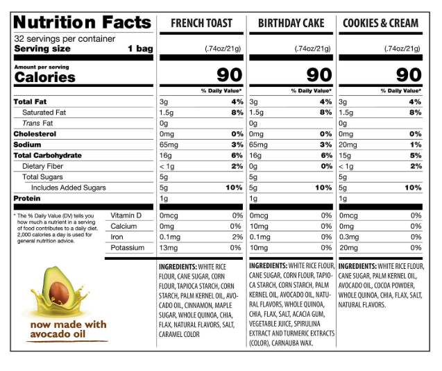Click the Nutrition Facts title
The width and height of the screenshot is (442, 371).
[x=83, y=23]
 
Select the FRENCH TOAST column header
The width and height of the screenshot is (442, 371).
[x=201, y=24]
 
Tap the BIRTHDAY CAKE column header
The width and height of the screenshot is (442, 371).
[x=291, y=24]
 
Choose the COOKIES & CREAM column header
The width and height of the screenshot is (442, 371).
[x=381, y=24]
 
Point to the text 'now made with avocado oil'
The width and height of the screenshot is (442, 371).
[x=67, y=330]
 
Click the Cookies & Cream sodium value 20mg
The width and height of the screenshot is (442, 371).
[x=348, y=145]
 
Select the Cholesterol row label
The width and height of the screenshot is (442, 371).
[x=34, y=133]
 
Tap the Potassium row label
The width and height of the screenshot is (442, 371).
[x=128, y=247]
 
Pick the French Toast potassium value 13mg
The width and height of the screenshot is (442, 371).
[x=169, y=247]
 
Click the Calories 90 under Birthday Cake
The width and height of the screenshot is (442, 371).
[x=318, y=75]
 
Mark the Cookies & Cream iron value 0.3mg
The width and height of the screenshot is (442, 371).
[x=350, y=237]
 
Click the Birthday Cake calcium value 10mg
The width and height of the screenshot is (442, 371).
[x=258, y=226]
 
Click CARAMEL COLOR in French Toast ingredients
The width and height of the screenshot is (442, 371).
[x=179, y=334]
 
